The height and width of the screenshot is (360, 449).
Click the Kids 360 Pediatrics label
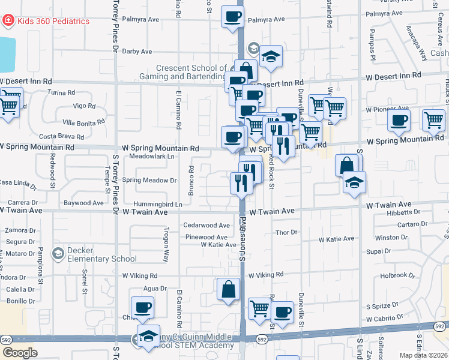(x=53, y=22)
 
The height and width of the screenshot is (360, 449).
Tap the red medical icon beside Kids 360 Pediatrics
(x=8, y=21)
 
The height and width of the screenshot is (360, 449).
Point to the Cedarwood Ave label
(x=206, y=226)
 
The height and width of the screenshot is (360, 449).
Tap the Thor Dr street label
(x=286, y=232)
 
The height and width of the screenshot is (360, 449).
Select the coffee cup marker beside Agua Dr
(x=142, y=308)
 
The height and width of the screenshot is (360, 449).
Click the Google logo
(x=20, y=353)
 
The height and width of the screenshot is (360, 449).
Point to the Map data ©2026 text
(x=422, y=355)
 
